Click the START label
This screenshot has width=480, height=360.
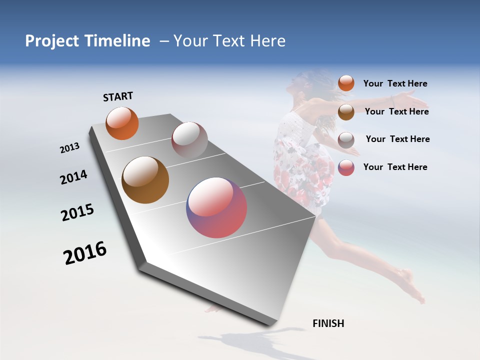coord(118,96)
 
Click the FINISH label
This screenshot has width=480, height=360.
coord(328,323)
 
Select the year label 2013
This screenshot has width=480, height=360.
coord(69,148)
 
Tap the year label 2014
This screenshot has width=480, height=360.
coord(73,177)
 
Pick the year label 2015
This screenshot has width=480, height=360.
coord(77,212)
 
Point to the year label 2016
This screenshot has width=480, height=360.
coord(85,252)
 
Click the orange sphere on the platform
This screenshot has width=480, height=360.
coord(122,123)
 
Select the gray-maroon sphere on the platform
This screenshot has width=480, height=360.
coord(189,140)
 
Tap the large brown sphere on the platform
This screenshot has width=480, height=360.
coord(145,180)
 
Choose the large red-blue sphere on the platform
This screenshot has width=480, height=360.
coord(216,207)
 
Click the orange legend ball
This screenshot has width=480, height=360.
coord(346,83)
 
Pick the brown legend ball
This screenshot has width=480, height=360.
coord(346,112)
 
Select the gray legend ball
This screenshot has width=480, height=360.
coord(346,140)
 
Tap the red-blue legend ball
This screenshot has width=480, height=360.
coord(346,167)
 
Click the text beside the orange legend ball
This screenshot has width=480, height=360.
coord(395,83)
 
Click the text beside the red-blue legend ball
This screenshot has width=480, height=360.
coord(395,167)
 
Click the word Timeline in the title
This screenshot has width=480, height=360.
coord(117,41)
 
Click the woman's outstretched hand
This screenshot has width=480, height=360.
coord(414,101)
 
